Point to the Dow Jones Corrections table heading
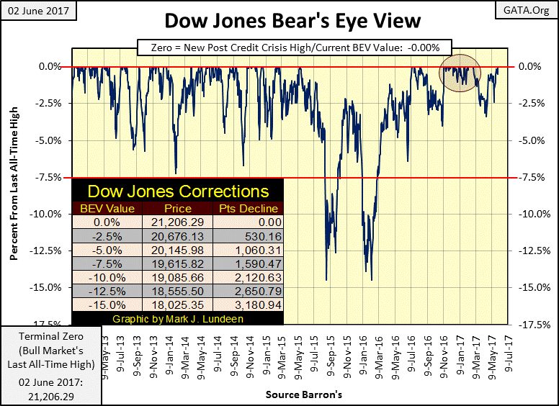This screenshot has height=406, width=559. (178, 191)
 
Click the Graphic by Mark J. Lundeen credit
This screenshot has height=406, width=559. (178, 318)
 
